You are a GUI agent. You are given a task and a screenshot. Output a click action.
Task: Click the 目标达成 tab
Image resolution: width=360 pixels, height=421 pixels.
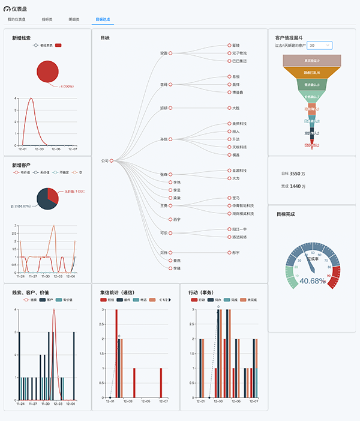click(102, 20)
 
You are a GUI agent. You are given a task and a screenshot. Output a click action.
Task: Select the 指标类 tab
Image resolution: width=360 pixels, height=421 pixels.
click(47, 20)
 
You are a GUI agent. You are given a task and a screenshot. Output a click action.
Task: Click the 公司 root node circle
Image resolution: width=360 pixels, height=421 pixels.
click(112, 160)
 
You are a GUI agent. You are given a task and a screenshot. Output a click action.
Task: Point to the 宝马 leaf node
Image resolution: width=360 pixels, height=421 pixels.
click(236, 198)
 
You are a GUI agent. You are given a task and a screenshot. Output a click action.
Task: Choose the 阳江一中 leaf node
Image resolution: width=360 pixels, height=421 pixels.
click(239, 229)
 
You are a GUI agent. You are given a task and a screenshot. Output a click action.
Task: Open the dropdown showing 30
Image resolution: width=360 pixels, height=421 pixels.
click(319, 45)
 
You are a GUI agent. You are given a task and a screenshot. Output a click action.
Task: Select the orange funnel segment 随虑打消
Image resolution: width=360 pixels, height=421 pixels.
click(311, 73)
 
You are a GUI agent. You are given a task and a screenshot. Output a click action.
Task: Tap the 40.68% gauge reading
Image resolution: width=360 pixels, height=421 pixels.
click(312, 280)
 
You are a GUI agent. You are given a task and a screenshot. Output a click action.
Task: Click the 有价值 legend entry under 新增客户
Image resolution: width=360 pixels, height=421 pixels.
click(22, 172)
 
